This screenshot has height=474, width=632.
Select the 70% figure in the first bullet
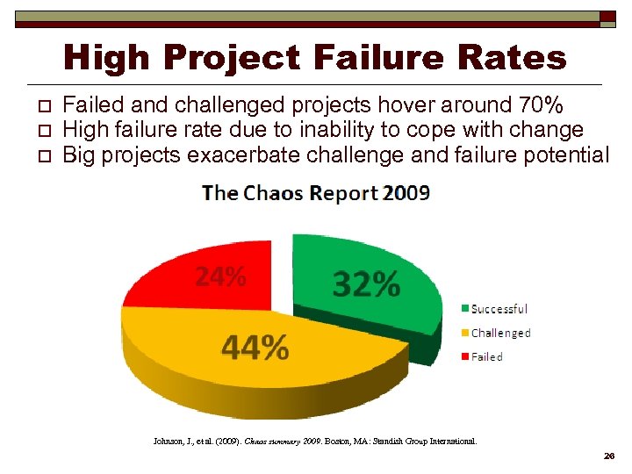coord(542,105)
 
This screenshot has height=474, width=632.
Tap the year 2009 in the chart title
coord(406,193)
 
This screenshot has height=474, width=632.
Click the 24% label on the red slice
coord(219,276)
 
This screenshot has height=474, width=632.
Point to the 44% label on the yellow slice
coord(255,348)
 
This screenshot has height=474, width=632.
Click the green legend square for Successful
coord(465,309)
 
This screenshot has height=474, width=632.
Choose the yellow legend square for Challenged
coord(465,333)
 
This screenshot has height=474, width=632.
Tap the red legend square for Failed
coord(465,356)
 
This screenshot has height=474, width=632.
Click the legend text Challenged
coord(501,333)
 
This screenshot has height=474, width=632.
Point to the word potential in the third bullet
coord(575,156)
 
